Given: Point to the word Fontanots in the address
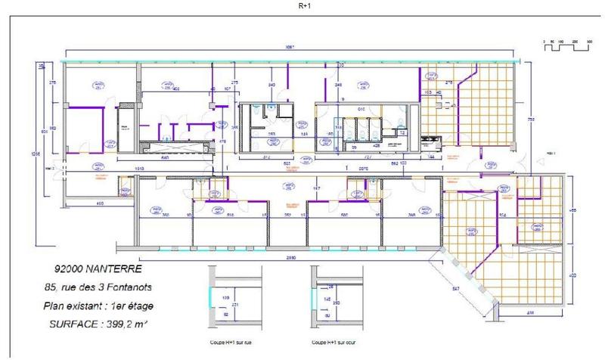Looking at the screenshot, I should coord(140,289).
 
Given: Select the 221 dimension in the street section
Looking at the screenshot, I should coord(234,304).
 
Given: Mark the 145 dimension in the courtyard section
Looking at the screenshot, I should coord(327,299).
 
